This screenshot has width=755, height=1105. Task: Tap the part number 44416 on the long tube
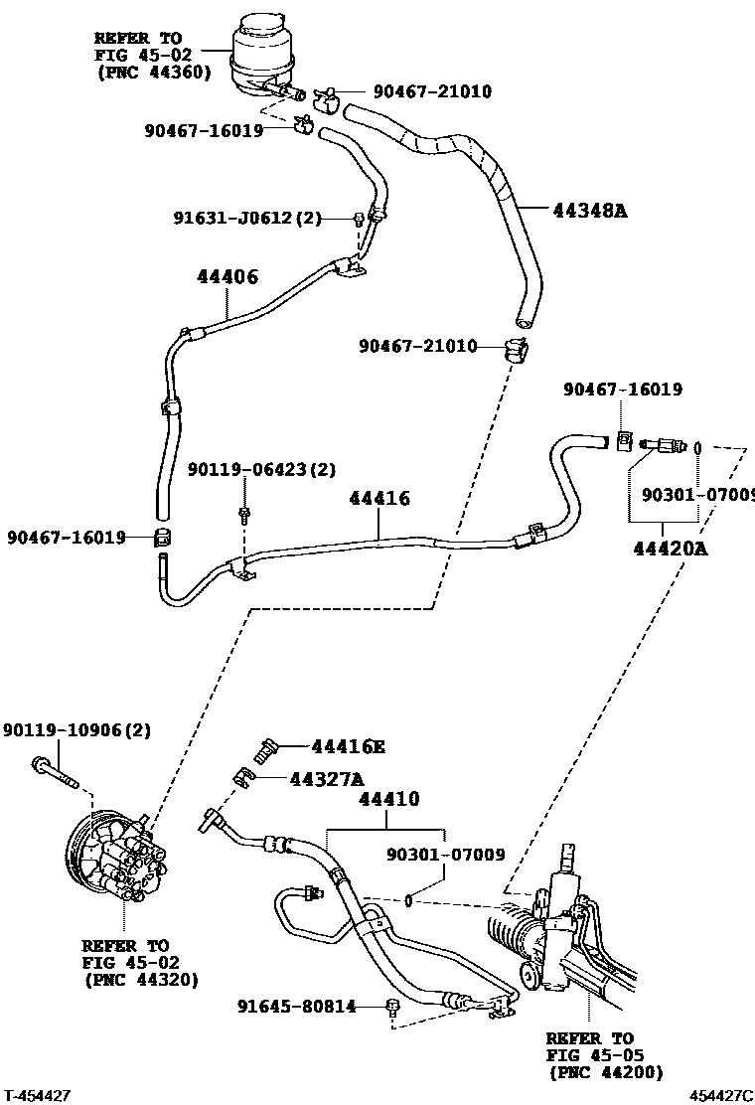[x=378, y=498]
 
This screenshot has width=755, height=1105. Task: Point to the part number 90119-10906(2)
[x=75, y=729]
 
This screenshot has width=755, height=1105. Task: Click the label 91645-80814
[x=296, y=1007]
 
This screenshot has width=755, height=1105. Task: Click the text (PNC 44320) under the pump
[x=140, y=979]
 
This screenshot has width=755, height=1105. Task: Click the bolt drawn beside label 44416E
[x=265, y=747]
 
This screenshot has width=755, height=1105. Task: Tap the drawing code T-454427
[x=37, y=1095]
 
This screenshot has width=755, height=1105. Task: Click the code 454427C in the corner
[x=721, y=1095]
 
